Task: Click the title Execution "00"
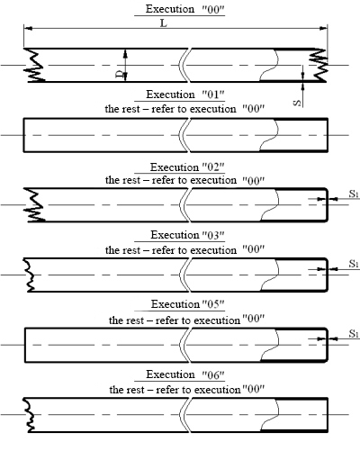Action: (185, 9)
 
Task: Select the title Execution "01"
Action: (185, 95)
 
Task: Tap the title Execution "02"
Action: (187, 167)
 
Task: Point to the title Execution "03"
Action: (187, 235)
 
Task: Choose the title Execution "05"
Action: (188, 304)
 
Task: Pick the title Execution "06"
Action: (185, 374)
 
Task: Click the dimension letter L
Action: (164, 23)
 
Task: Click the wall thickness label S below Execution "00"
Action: (297, 103)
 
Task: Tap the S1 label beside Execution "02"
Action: (354, 194)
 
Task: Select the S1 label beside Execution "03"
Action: (354, 264)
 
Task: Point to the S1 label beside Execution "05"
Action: (354, 333)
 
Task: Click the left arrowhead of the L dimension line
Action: (28, 28)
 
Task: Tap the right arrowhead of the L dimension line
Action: (323, 28)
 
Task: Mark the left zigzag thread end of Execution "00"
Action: (34, 65)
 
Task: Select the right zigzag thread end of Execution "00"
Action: (319, 65)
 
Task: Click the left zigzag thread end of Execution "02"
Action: (34, 205)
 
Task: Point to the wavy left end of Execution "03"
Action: (29, 275)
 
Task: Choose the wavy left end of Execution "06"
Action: (29, 415)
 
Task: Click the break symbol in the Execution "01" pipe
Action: (184, 135)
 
